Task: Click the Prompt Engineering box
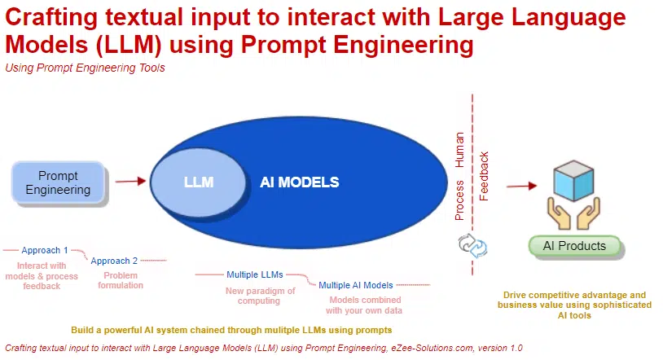pyautogui.click(x=58, y=182)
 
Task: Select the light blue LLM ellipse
pyautogui.click(x=198, y=182)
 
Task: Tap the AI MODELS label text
pyautogui.click(x=300, y=182)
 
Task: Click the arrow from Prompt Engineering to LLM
pyautogui.click(x=130, y=182)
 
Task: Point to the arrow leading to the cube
pyautogui.click(x=522, y=186)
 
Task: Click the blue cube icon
pyautogui.click(x=573, y=180)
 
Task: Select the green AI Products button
pyautogui.click(x=575, y=246)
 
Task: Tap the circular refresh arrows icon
pyautogui.click(x=472, y=245)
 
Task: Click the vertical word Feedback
pyautogui.click(x=484, y=176)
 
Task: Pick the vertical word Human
pyautogui.click(x=459, y=150)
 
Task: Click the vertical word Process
pyautogui.click(x=459, y=200)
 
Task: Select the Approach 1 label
pyautogui.click(x=45, y=250)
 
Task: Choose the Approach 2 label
pyautogui.click(x=114, y=261)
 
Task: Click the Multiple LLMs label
pyautogui.click(x=255, y=274)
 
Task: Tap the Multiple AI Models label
pyautogui.click(x=356, y=285)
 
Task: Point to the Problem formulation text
pyautogui.click(x=121, y=280)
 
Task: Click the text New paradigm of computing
pyautogui.click(x=260, y=296)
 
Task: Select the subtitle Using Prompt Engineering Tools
pyautogui.click(x=85, y=68)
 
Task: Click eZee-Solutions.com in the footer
pyautogui.click(x=432, y=348)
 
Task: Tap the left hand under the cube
pyautogui.click(x=558, y=213)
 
